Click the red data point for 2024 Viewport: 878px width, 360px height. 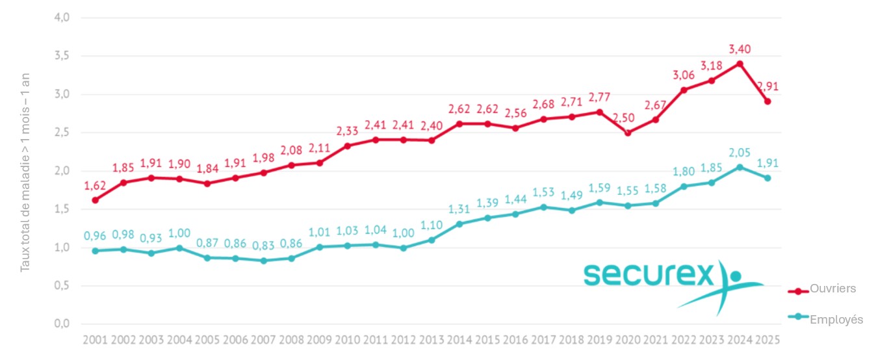point(740,64)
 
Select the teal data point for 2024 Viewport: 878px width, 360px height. point(740,167)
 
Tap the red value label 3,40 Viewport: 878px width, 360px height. point(740,49)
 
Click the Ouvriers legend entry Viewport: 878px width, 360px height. point(833,289)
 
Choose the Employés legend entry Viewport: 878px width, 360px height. point(836,319)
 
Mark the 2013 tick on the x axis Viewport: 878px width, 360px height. point(431,340)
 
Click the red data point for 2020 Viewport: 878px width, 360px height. point(628,133)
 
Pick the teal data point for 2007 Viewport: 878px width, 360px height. point(263,261)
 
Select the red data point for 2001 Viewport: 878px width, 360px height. point(95,200)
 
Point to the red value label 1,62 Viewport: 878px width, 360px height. point(95,186)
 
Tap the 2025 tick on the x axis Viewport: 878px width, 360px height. point(768,340)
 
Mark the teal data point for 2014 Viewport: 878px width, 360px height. point(459,224)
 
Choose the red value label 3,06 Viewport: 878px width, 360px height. point(684,75)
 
